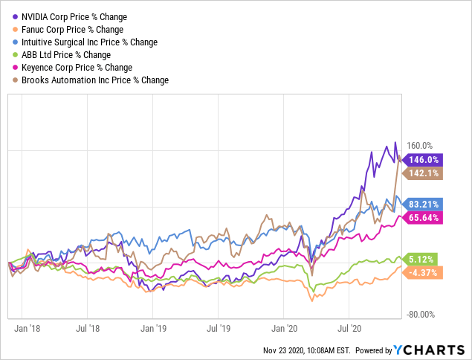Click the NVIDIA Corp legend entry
(x=74, y=16)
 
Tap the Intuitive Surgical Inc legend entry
(x=89, y=42)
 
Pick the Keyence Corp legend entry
(x=74, y=67)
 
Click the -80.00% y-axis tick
(x=417, y=315)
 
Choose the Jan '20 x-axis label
(x=285, y=326)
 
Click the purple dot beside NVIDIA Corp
(x=16, y=16)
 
